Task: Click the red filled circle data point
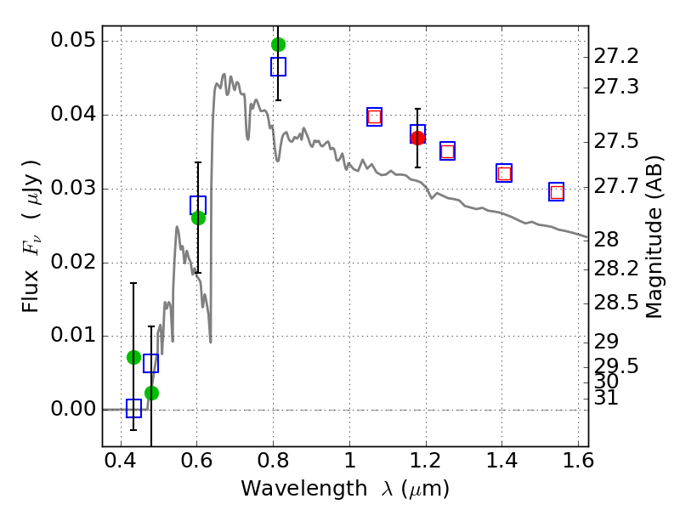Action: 417,138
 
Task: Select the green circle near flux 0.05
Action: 278,44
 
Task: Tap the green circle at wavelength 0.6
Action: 198,218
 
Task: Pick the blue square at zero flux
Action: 133,409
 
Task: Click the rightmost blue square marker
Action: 557,192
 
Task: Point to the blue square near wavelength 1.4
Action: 504,173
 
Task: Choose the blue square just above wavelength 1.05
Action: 374,117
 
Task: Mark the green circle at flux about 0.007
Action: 133,357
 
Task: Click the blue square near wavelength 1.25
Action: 447,151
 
